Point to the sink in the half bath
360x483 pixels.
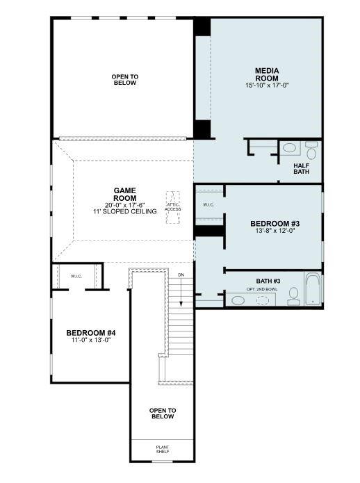coord(291,147)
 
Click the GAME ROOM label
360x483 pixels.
coord(125,193)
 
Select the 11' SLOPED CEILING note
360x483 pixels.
coord(125,211)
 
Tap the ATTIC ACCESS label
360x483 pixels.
coord(172,206)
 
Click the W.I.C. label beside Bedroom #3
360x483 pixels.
coord(209,205)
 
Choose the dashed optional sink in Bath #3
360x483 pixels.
coord(264,300)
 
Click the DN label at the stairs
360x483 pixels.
coord(181,275)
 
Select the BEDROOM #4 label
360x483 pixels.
coord(91,332)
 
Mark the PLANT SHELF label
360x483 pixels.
coord(162,449)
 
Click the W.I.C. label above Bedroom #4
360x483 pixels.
coord(76,275)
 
